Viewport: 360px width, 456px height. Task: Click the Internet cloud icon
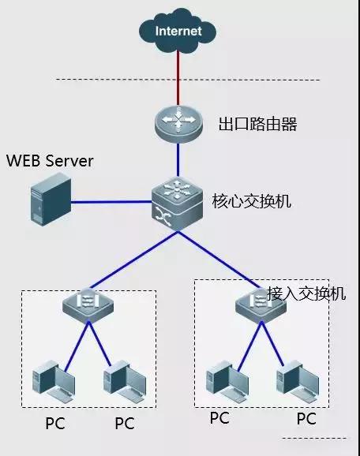[178, 32]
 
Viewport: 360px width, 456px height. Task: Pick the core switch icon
[178, 203]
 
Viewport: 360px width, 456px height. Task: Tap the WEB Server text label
[50, 162]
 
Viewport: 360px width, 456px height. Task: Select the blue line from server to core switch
[111, 203]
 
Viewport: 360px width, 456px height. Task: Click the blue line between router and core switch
[178, 162]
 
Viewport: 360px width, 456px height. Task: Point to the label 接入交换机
[306, 293]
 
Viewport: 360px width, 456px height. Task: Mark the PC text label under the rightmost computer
[306, 418]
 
